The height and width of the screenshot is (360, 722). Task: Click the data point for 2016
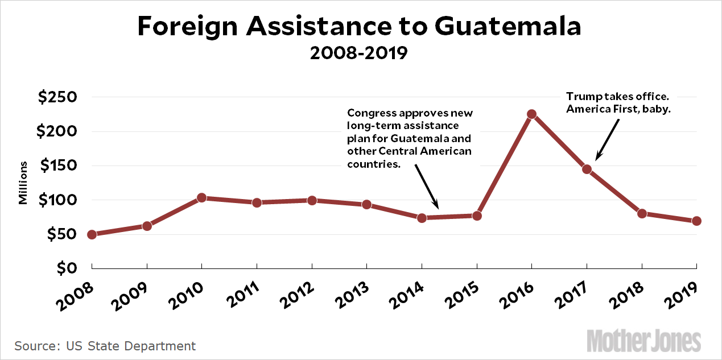531,114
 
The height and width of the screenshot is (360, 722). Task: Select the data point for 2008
92,234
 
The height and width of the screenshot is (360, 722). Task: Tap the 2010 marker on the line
201,198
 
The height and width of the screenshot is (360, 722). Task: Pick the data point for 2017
587,169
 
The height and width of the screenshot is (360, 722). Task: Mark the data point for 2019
696,221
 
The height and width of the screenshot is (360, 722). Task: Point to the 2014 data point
422,218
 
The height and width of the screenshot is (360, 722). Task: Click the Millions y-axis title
23,183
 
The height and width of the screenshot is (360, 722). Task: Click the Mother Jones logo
644,340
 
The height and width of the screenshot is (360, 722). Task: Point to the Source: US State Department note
105,346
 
